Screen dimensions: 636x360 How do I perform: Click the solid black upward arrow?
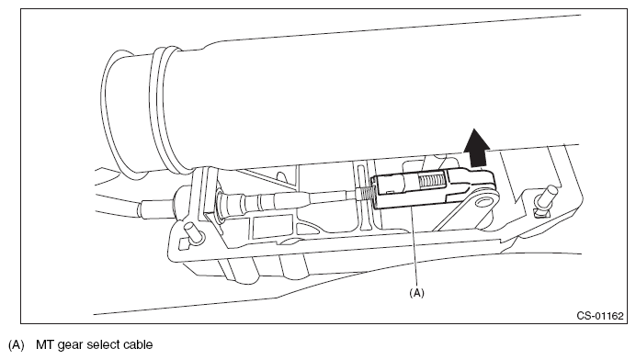[477, 149]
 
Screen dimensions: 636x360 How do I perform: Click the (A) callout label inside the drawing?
[417, 293]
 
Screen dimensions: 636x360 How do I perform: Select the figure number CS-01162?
[600, 315]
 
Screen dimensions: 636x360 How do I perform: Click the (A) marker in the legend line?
[17, 345]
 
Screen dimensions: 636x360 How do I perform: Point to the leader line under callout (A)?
[415, 246]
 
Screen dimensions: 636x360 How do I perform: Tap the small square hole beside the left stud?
[184, 242]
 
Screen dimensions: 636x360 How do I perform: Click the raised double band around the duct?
[167, 107]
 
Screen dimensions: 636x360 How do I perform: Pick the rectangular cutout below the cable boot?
[272, 227]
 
